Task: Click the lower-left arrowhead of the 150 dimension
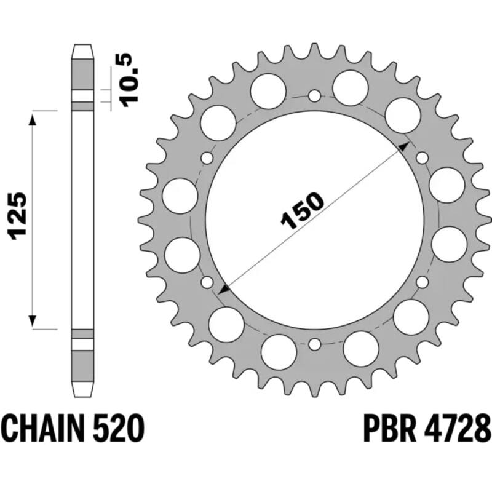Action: click(x=225, y=287)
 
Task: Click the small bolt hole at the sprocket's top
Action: click(x=314, y=96)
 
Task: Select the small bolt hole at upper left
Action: click(x=207, y=158)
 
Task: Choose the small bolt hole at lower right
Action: click(x=422, y=282)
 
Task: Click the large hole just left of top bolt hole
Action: click(x=268, y=88)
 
